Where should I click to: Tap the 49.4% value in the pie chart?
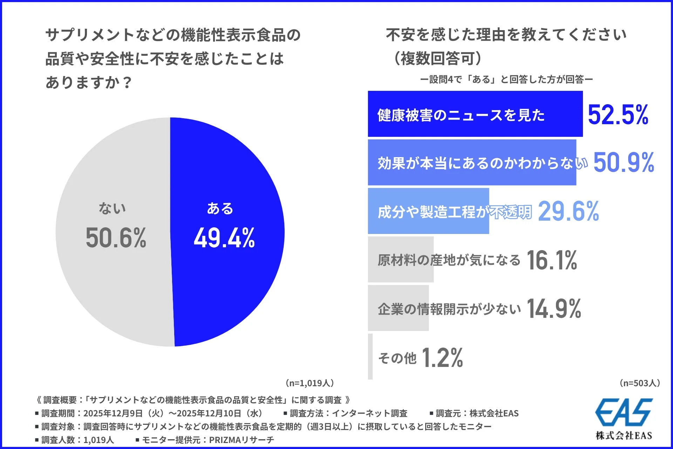coord(224,238)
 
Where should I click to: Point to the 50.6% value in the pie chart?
coord(116,238)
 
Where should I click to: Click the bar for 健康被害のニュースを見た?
coord(475,114)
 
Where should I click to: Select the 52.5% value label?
coord(618,115)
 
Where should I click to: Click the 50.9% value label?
coord(624,163)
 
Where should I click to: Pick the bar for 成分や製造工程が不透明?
coord(428,211)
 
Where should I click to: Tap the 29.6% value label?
coord(568,212)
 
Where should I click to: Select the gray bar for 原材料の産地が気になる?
coord(401,260)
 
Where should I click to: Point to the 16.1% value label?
coord(552,260)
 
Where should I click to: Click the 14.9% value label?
coord(554,309)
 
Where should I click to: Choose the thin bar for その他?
coord(370,357)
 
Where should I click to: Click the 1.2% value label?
coord(442,358)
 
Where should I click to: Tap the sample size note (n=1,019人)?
coord(310,383)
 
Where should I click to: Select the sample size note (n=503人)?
coord(640,383)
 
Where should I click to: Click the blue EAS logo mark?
coord(624,413)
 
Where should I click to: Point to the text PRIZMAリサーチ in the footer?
coord(242,440)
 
